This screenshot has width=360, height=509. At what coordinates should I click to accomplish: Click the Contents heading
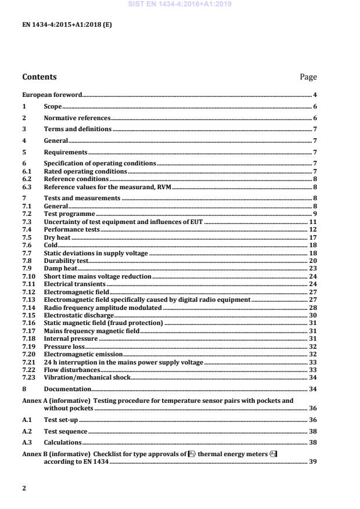pyautogui.click(x=39, y=77)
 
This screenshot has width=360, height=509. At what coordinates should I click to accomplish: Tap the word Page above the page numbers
pyautogui.click(x=308, y=77)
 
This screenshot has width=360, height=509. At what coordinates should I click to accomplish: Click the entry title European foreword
pyautogui.click(x=52, y=95)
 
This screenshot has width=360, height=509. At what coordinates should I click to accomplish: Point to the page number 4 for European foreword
pyautogui.click(x=315, y=95)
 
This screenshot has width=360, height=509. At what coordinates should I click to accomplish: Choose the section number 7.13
pyautogui.click(x=28, y=299)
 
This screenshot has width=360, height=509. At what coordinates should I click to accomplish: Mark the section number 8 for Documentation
pyautogui.click(x=24, y=389)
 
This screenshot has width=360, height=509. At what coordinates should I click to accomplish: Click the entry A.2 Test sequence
pyautogui.click(x=66, y=432)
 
